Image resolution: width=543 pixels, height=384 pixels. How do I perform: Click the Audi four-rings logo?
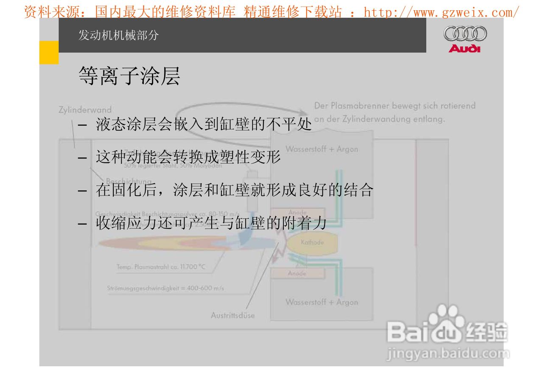(x=465, y=34)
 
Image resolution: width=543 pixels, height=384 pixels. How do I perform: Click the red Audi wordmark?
(x=465, y=48)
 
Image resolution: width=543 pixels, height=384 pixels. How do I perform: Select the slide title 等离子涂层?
(x=129, y=76)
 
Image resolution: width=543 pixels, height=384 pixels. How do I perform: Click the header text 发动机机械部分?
(x=118, y=35)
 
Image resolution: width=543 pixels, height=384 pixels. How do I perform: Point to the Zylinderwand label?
(x=85, y=110)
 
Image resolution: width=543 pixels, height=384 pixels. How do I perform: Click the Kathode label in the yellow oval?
(x=312, y=243)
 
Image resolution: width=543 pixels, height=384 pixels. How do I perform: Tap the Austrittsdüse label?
(x=232, y=315)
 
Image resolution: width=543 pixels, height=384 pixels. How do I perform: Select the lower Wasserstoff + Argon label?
(x=322, y=302)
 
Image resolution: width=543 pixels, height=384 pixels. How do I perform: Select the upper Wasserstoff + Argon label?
(x=322, y=149)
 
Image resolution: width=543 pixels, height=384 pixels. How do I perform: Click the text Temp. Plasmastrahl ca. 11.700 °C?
(x=161, y=267)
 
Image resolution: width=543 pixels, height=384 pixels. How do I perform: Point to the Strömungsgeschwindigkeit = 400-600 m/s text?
(x=165, y=288)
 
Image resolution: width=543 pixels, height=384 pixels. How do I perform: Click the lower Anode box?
(x=297, y=274)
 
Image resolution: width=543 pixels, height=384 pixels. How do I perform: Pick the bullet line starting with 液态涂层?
(x=204, y=124)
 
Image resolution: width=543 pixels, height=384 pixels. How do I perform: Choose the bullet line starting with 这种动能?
(x=188, y=157)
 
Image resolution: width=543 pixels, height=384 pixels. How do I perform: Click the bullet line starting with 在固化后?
(x=234, y=190)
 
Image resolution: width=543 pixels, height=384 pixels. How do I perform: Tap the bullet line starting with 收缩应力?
(x=211, y=223)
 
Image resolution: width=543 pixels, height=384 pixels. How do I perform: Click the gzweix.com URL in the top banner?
(x=441, y=12)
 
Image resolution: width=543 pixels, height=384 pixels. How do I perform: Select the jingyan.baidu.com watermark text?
(x=448, y=353)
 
